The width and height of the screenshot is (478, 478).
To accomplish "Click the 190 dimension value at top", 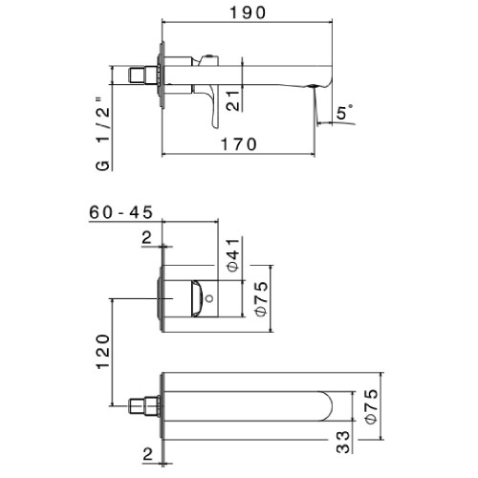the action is (248, 12).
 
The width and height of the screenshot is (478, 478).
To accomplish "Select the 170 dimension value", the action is (239, 144).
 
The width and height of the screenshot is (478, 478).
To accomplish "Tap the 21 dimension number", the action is (233, 100).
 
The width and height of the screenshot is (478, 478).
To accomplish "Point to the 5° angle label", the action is (344, 112).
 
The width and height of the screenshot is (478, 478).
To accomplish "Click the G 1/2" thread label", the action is (103, 134).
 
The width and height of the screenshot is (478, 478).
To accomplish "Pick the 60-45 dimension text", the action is (121, 212).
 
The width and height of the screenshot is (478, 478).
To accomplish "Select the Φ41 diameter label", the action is (233, 255).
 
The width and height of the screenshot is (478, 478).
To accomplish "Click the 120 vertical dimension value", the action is (103, 352).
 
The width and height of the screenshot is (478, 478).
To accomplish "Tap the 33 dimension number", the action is (343, 442).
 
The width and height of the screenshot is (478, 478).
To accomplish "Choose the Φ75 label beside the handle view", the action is (262, 298).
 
